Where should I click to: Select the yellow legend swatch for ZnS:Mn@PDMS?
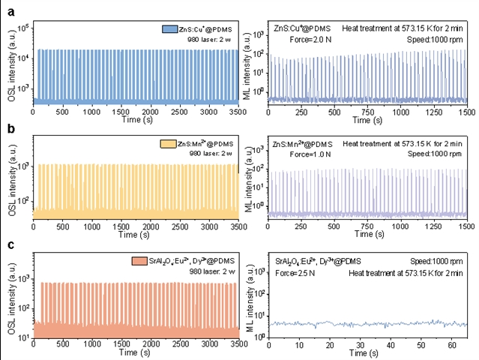(x=167, y=142)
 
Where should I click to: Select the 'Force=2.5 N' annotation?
(x=291, y=274)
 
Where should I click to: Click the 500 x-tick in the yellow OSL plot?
(x=62, y=225)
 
